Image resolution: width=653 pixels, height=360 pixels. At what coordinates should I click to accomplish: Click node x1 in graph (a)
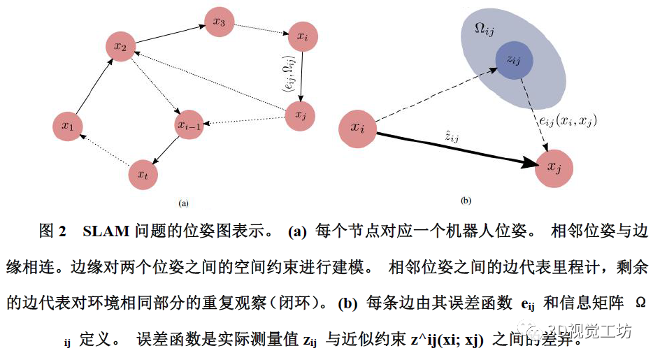(68, 126)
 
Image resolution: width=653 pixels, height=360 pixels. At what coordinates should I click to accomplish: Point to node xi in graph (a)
(301, 36)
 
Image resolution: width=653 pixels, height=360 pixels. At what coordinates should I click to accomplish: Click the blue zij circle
(515, 61)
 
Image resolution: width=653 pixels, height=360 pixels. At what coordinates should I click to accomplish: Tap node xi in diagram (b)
(358, 128)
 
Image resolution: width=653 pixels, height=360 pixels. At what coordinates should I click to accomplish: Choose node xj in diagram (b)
(554, 168)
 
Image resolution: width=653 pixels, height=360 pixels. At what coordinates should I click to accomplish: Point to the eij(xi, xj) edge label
(566, 120)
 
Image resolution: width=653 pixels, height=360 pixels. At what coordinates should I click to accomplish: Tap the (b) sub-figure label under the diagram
(466, 201)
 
